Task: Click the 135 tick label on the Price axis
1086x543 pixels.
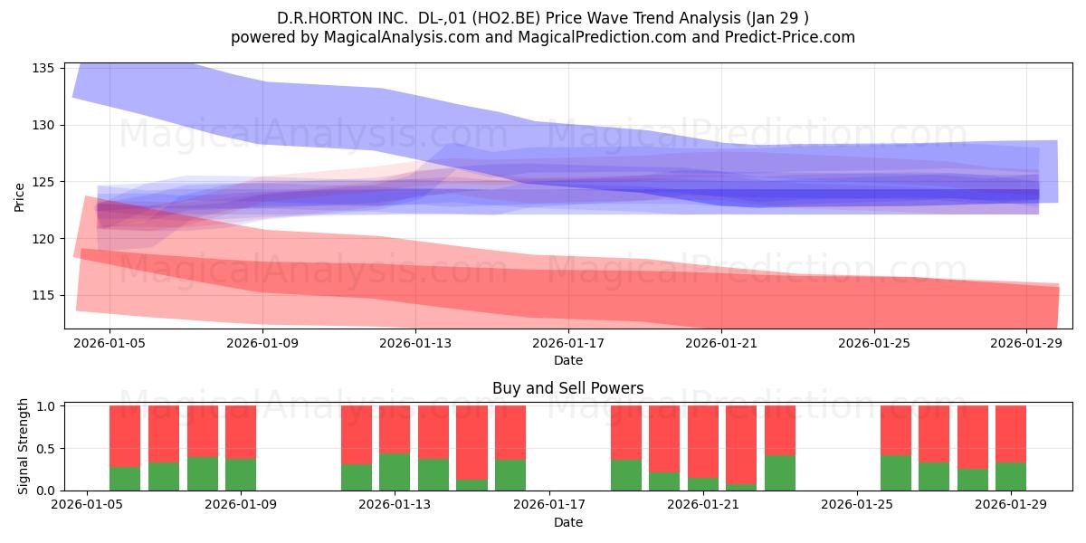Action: [43, 69]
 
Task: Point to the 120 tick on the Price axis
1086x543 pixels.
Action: [43, 239]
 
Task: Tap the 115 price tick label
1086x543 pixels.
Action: [43, 296]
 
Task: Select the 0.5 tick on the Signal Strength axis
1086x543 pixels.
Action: [45, 449]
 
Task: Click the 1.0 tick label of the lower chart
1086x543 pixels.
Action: [45, 406]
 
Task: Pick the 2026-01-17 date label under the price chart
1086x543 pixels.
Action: [568, 344]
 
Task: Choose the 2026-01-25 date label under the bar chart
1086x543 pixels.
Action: [857, 505]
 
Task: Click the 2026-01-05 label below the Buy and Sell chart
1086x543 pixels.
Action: [87, 505]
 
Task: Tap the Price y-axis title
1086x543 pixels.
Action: [19, 197]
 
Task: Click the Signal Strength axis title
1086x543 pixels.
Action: [23, 446]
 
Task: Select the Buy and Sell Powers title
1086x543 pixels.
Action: [567, 388]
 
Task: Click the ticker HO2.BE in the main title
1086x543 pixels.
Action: [506, 18]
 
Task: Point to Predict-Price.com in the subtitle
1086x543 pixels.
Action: [789, 37]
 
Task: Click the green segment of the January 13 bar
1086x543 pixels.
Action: [395, 472]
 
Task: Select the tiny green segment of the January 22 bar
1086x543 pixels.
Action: [741, 487]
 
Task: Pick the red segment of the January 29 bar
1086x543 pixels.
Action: [1010, 433]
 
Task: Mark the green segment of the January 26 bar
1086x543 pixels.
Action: [895, 472]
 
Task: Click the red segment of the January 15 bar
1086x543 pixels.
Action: [472, 443]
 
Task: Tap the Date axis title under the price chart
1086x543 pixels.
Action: [568, 361]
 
